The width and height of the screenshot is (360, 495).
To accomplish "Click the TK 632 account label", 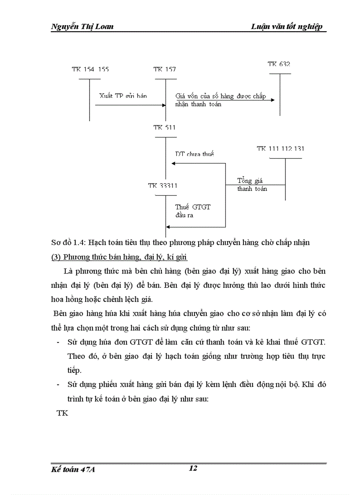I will [279, 64].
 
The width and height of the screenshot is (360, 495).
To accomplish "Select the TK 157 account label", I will [165, 69].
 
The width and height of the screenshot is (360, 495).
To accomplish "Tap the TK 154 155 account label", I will [90, 69].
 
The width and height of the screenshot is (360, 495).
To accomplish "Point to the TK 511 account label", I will [165, 127].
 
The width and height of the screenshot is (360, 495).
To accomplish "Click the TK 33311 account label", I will [163, 186].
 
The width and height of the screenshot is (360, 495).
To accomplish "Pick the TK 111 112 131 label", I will [281, 149].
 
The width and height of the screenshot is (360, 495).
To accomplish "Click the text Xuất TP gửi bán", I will [123, 96].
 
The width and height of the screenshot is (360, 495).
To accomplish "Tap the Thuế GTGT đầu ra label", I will [193, 211].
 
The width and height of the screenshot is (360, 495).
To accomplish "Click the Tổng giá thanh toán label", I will [252, 185].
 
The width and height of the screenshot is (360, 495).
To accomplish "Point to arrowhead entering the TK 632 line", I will [272, 100].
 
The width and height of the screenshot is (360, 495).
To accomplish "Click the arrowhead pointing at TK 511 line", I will [174, 164].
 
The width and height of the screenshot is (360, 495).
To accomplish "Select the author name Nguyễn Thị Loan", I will [82, 26].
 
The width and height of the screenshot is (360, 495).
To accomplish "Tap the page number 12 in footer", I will [193, 468].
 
